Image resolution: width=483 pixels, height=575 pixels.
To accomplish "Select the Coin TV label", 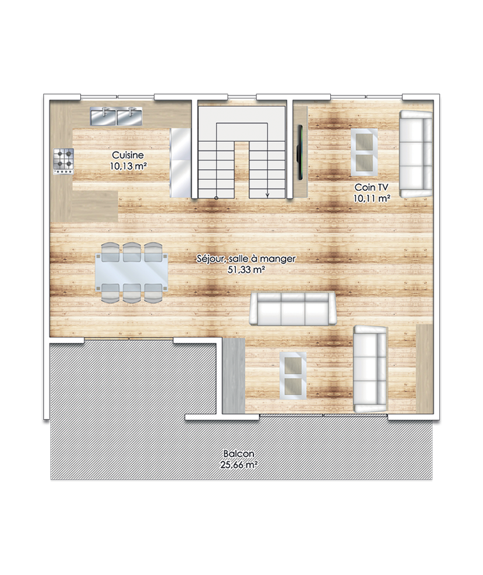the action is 371,187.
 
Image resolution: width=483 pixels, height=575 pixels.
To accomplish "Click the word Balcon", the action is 239,454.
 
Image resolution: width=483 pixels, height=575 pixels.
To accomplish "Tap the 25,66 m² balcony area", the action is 238,465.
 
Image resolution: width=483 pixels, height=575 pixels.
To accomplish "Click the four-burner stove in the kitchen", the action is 63,162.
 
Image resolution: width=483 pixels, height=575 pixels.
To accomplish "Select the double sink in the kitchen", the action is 117,117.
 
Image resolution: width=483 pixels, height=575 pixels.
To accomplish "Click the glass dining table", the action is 131,272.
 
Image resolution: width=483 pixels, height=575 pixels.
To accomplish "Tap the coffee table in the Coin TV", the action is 364,152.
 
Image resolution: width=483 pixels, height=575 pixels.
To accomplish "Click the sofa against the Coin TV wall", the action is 416,154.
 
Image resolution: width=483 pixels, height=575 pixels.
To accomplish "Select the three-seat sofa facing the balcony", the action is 292,309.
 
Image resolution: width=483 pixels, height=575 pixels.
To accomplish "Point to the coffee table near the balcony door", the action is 293,375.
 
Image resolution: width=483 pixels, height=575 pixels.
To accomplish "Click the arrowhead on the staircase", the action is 268,195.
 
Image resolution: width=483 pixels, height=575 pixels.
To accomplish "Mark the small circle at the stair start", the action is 216,198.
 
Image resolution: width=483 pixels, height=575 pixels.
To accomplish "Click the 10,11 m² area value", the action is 372,198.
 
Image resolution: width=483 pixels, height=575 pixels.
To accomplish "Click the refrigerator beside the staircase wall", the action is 180,162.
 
